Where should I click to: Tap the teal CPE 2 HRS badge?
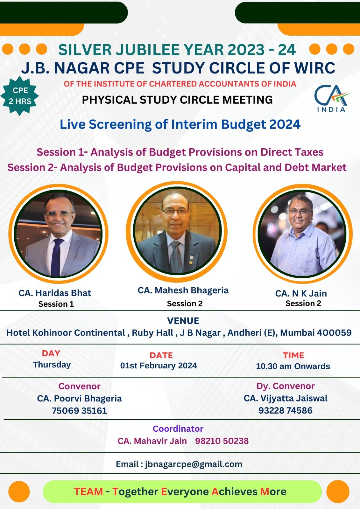click(20, 96)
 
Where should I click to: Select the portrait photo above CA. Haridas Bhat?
click(58, 234)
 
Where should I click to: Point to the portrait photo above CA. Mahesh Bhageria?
click(177, 231)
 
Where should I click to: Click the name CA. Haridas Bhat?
click(55, 293)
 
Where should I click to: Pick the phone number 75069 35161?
click(79, 411)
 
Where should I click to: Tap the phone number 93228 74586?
click(286, 410)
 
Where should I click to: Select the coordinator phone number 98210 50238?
click(222, 441)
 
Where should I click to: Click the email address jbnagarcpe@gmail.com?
click(194, 464)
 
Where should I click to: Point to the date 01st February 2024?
click(159, 366)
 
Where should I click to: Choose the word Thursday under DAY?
click(52, 365)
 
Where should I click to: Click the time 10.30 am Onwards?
click(293, 366)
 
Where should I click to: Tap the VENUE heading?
click(183, 321)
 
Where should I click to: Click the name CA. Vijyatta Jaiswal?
click(286, 398)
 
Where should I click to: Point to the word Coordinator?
click(178, 429)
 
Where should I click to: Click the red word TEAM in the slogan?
click(88, 492)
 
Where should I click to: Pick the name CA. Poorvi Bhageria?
click(79, 399)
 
